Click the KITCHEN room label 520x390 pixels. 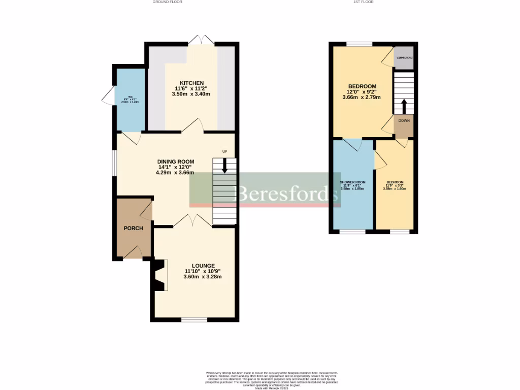(191, 83)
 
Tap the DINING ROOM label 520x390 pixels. (175, 161)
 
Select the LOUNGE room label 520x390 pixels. (203, 266)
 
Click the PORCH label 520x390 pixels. (134, 228)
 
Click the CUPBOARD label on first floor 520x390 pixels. (404, 58)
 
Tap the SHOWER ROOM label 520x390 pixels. (352, 182)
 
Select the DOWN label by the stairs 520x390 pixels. (404, 121)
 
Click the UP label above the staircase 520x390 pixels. (224, 152)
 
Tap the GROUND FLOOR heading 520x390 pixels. (167, 2)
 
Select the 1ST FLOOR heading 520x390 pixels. (363, 2)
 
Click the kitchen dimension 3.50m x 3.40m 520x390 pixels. (191, 94)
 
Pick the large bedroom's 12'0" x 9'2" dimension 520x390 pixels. (362, 92)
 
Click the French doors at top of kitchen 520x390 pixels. (201, 40)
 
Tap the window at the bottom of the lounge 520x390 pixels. (194, 319)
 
